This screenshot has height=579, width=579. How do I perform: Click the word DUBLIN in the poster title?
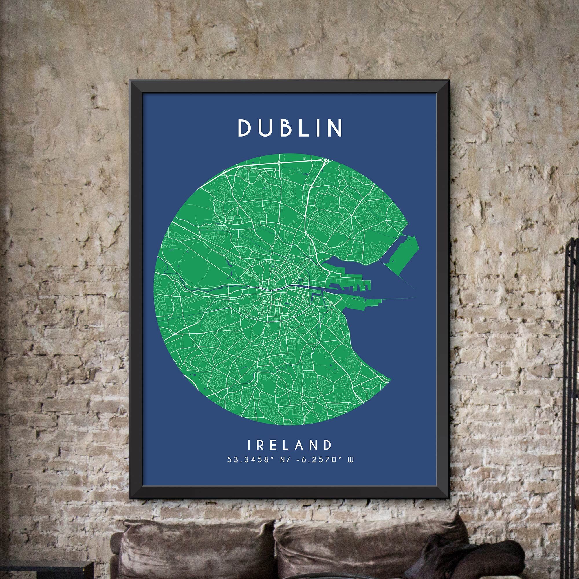290,128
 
